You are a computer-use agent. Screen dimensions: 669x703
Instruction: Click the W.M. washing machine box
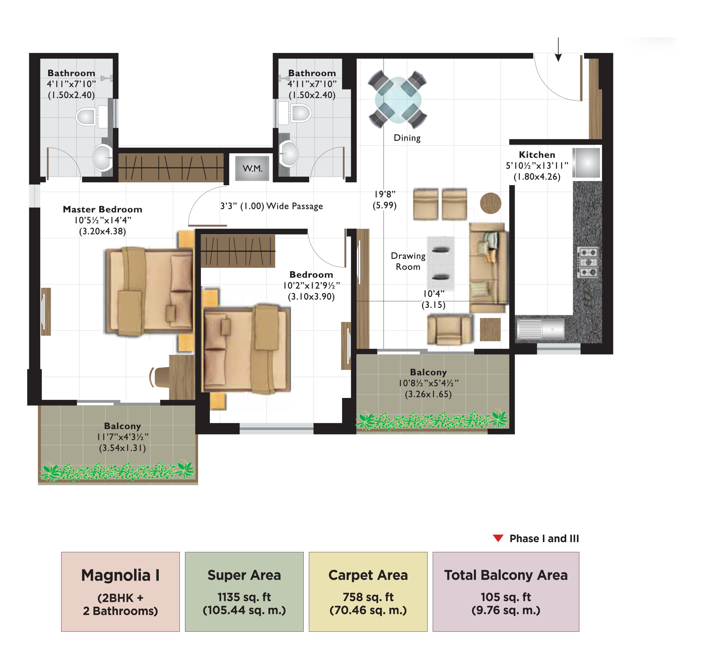[252, 168]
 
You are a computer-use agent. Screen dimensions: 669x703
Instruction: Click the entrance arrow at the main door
[558, 50]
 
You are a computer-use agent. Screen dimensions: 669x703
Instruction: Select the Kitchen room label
[536, 155]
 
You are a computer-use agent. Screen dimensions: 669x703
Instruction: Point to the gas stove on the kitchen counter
[587, 262]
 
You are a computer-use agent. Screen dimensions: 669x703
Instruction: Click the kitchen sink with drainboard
[541, 329]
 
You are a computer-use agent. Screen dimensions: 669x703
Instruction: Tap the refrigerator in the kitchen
[586, 163]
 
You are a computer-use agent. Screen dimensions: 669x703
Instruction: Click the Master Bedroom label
[102, 209]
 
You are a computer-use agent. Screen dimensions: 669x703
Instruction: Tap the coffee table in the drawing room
[440, 263]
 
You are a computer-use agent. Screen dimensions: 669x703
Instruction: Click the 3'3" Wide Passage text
[271, 206]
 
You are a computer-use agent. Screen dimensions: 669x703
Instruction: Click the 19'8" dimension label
[384, 194]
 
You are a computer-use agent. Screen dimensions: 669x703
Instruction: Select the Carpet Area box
[368, 592]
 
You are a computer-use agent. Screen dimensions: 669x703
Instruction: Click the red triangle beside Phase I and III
[497, 538]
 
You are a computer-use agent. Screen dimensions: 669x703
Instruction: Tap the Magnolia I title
[120, 575]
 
